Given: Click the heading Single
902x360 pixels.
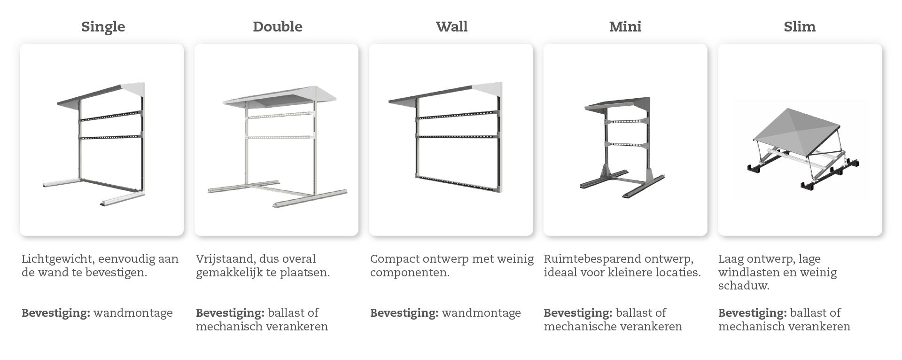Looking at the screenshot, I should point(103,26).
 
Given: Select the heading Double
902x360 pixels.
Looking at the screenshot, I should point(277,26).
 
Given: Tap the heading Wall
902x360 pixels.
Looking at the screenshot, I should point(451,26).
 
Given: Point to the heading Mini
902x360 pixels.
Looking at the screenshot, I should point(625,26).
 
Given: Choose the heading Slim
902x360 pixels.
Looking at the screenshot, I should point(799,26).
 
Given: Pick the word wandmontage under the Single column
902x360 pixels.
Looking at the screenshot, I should point(133,313).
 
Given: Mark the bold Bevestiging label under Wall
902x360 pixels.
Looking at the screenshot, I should point(404,313).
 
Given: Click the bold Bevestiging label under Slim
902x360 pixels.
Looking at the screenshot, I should point(752,313).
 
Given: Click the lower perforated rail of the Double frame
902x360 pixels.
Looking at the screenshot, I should point(279,137).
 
